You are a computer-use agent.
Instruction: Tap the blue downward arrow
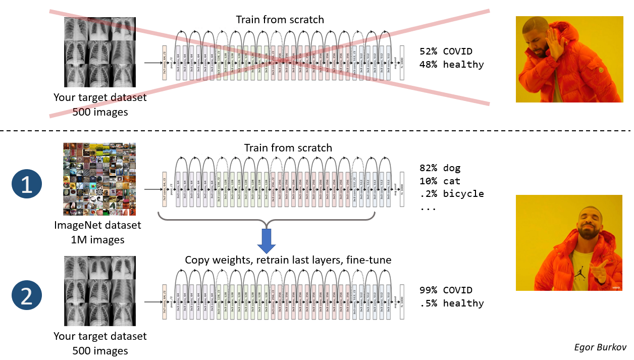coord(266,241)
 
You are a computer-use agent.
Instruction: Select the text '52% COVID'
coord(446,52)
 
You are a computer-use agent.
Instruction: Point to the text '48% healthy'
coord(451,65)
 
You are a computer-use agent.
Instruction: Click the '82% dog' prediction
coord(440,168)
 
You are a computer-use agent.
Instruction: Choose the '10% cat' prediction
coord(440,181)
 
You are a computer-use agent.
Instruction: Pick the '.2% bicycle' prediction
coord(451,194)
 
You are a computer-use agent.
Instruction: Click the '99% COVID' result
coord(446,290)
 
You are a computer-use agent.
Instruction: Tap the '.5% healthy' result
coord(451,303)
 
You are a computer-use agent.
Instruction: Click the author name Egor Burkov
coord(600,347)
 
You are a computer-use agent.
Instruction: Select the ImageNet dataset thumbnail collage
coord(99,179)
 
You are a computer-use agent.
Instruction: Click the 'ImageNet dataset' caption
coord(98,225)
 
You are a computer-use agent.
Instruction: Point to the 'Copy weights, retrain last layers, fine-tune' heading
coord(288,260)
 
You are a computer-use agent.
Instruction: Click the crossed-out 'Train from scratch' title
coord(280,20)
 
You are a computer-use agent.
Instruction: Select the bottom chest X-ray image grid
coord(99,291)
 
